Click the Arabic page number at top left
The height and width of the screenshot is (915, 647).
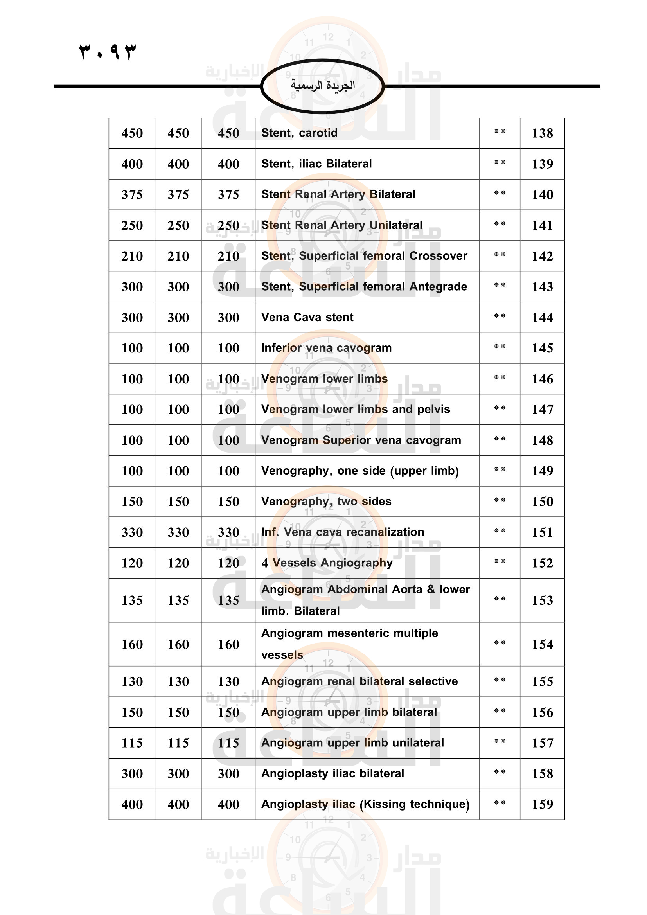pos(108,51)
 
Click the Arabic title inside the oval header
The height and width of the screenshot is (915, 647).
pos(322,85)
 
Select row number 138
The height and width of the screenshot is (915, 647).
pos(542,133)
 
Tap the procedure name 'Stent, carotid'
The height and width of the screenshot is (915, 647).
pos(299,133)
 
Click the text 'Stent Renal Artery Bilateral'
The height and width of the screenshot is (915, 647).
pos(338,194)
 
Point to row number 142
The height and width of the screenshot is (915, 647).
pos(542,256)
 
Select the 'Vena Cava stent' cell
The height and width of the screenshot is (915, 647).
pos(307,317)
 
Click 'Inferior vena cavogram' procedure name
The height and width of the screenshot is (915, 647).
pos(326,348)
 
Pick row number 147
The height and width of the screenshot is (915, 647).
pos(542,409)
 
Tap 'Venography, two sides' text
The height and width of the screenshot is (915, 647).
pos(326,502)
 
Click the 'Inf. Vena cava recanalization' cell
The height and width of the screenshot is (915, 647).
pos(343,532)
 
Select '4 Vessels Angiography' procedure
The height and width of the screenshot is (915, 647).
pos(327,563)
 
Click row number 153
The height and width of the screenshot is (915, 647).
pos(542,600)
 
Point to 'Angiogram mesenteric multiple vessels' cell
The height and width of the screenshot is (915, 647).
pos(349,644)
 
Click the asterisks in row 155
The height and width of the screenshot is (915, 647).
pos(500,680)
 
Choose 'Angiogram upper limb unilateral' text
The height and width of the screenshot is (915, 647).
pos(352,743)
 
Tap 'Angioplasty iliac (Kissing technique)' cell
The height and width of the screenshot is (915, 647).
pos(365,804)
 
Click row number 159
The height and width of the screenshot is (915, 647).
pos(542,804)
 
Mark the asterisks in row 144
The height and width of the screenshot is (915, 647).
pos(500,316)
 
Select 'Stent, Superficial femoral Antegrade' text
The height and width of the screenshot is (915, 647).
pos(364,286)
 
